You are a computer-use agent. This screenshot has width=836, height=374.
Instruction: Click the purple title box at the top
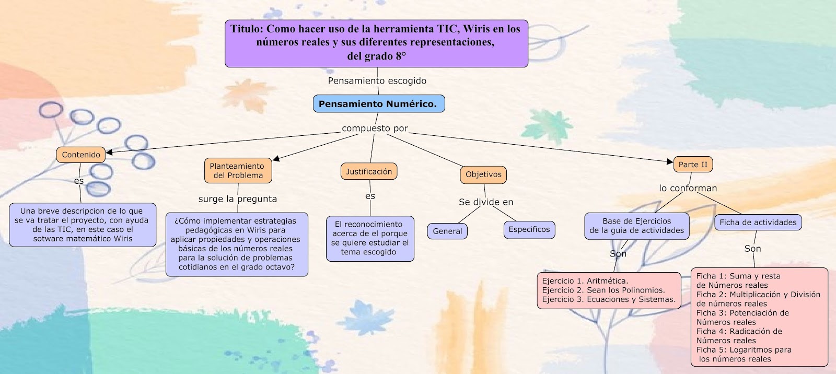[x=376, y=43]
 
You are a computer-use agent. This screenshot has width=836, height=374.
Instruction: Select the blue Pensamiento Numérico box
[x=378, y=104]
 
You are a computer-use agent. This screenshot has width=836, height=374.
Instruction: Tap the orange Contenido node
[x=81, y=155]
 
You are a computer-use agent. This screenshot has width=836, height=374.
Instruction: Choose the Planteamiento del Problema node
[x=238, y=171]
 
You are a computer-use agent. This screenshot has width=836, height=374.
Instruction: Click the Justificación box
[x=368, y=171]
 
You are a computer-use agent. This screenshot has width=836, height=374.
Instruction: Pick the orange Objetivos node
[x=483, y=174]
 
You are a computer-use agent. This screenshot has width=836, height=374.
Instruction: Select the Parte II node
[x=693, y=165]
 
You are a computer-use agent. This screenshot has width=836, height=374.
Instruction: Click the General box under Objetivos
[x=447, y=231]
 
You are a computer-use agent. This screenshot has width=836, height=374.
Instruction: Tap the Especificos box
[x=529, y=229]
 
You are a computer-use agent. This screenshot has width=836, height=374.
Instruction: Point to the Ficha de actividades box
[x=758, y=222]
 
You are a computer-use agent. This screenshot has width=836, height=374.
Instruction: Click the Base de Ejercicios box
[x=636, y=226]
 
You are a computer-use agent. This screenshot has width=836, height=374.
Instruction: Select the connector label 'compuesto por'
[x=375, y=128]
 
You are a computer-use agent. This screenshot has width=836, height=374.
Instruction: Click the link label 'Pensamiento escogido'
[x=377, y=80]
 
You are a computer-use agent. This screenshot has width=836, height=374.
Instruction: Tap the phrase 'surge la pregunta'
[x=237, y=198]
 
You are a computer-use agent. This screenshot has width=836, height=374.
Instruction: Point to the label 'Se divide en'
[x=486, y=202]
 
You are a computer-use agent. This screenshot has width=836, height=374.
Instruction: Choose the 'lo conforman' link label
[x=688, y=188]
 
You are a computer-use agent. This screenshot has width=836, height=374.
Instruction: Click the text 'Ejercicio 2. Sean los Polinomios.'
[x=603, y=290]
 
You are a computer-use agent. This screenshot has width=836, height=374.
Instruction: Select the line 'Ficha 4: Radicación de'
[x=739, y=331]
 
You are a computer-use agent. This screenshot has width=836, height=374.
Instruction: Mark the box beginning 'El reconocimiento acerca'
[x=370, y=238]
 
